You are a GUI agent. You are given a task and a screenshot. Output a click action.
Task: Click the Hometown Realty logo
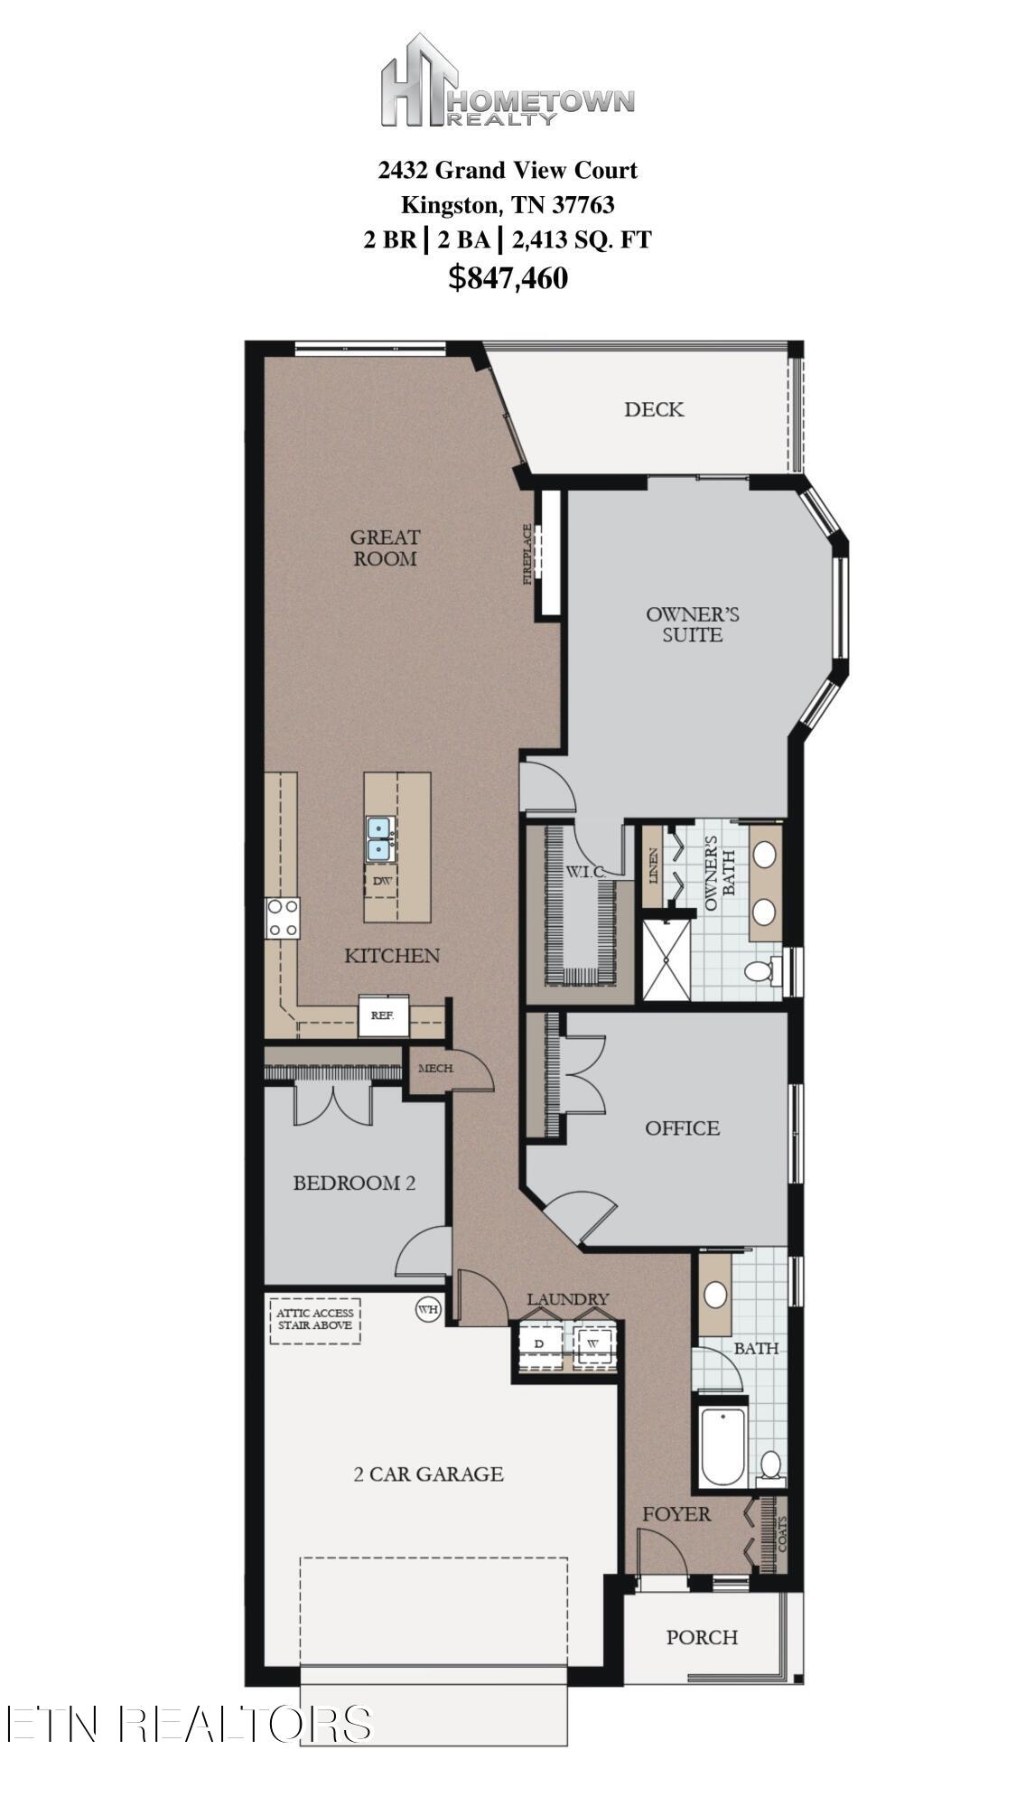tap(507, 80)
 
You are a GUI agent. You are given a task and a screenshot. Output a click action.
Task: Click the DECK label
tap(654, 409)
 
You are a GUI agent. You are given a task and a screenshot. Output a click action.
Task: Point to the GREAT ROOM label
tap(385, 547)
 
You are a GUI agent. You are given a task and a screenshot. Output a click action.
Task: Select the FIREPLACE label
tap(528, 555)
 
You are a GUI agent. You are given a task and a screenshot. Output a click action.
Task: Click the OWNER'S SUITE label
tap(693, 624)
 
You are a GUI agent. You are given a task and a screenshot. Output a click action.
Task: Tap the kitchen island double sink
tap(378, 839)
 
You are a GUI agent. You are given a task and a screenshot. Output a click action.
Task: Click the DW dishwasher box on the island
tap(380, 881)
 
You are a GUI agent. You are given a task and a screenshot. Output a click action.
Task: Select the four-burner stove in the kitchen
tap(282, 918)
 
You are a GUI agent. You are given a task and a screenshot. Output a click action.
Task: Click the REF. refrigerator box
tap(383, 1015)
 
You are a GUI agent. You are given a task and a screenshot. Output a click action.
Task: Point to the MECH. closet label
tap(435, 1069)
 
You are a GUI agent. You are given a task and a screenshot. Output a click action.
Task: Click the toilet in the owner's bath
tap(760, 971)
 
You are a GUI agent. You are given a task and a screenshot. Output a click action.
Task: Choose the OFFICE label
tap(683, 1128)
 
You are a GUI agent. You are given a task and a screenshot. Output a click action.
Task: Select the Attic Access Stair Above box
tap(315, 1320)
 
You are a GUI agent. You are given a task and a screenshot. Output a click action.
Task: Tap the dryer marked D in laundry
tap(539, 1343)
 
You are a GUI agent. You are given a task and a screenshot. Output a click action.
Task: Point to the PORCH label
tap(702, 1637)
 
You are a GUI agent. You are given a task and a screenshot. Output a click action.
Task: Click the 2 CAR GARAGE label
tap(428, 1474)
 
